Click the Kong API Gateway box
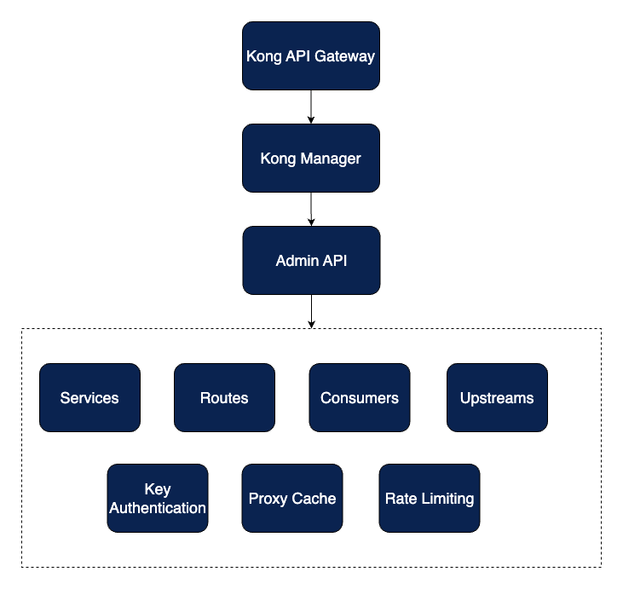[310, 56]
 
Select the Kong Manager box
[310, 159]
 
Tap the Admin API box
[310, 261]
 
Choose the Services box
[89, 398]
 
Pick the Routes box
[224, 398]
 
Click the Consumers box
[359, 398]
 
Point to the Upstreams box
[497, 398]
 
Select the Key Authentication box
[158, 499]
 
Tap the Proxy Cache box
[292, 499]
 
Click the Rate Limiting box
[430, 499]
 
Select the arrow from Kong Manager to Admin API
[311, 209]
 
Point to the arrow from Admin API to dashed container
[311, 311]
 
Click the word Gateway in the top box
[347, 57]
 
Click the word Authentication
[158, 508]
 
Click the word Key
[158, 490]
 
